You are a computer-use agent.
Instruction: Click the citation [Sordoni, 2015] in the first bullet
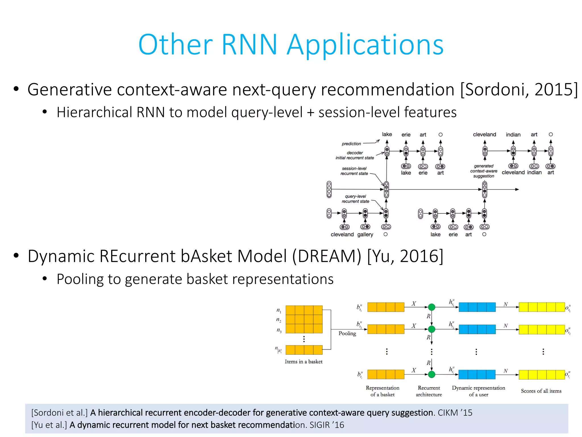click(519, 90)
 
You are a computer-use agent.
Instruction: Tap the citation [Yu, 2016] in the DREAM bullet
click(405, 256)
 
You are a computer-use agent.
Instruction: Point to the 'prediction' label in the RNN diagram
click(351, 144)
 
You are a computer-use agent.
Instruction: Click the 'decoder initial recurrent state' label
click(355, 155)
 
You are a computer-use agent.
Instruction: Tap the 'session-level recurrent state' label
click(354, 171)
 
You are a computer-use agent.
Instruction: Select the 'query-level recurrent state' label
click(355, 199)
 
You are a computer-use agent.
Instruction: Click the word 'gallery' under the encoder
click(365, 234)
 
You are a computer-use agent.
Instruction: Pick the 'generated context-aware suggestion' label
click(484, 171)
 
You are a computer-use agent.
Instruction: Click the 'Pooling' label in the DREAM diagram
click(347, 333)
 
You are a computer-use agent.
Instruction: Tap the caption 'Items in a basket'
click(304, 362)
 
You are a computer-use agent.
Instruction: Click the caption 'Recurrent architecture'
click(429, 391)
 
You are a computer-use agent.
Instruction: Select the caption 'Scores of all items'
click(541, 391)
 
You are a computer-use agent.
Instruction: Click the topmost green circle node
click(431, 307)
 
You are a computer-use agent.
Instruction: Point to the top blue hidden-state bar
click(477, 307)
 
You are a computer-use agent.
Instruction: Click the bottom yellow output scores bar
click(542, 375)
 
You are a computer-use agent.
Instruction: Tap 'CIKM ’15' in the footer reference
click(455, 413)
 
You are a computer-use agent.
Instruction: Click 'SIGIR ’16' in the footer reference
click(327, 425)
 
